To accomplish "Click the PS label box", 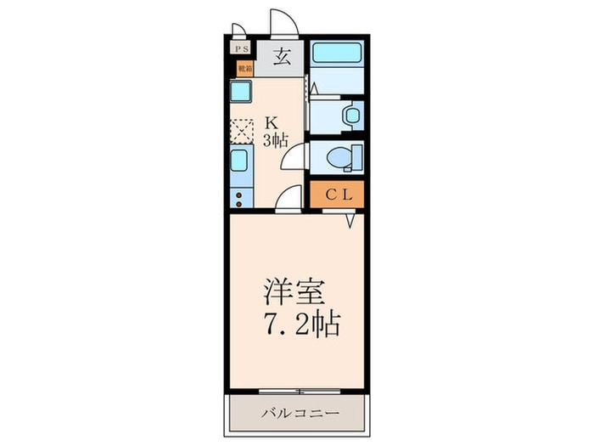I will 242,49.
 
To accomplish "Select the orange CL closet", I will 337,194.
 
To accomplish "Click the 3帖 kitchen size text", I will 273,138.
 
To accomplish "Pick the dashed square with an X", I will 242,130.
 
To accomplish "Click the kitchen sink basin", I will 240,161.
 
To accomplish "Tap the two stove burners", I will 239,198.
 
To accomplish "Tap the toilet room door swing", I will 295,156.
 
